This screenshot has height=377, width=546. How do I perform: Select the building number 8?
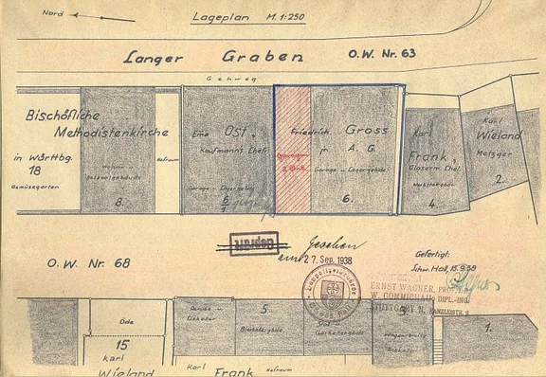(118, 202)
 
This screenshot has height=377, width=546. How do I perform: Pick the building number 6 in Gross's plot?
(347, 200)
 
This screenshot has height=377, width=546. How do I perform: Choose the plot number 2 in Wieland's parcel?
(499, 176)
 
